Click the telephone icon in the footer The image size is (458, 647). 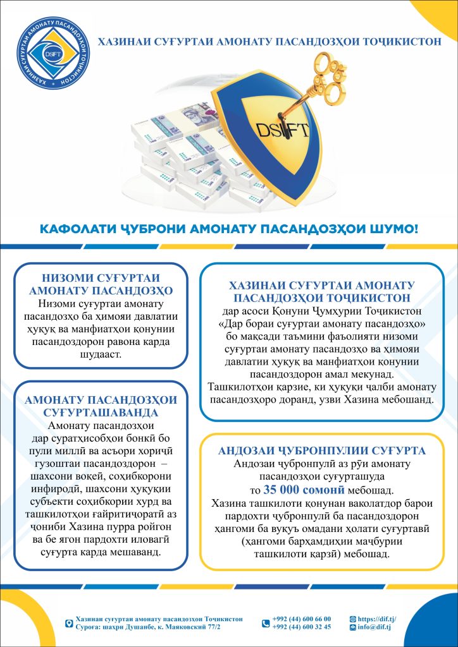click(x=266, y=623)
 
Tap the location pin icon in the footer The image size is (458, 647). click(x=68, y=623)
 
